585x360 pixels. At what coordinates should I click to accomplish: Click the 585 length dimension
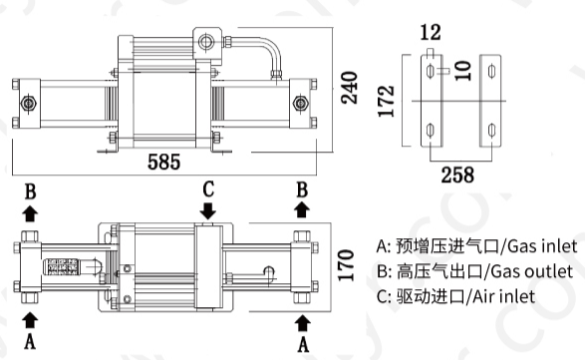(x=163, y=162)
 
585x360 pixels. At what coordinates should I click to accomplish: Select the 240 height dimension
(x=349, y=88)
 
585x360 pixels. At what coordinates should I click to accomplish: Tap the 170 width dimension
(x=346, y=265)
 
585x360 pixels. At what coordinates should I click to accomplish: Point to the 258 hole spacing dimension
(x=457, y=175)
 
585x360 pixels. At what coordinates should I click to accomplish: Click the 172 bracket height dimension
(x=386, y=101)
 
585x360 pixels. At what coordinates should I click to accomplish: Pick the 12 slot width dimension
(x=431, y=32)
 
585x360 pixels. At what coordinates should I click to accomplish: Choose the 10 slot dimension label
(x=463, y=71)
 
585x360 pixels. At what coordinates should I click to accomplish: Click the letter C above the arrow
(x=208, y=188)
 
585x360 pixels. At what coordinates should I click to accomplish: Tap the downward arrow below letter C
(x=208, y=211)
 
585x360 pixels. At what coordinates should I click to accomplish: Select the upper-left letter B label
(x=31, y=191)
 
